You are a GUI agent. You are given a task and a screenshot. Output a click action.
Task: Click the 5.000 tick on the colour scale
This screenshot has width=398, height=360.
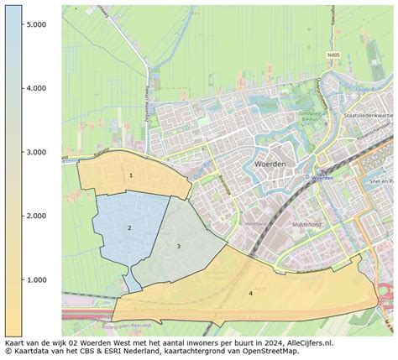(x=35, y=25)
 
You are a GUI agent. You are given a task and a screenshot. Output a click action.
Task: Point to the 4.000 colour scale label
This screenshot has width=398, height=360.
(x=35, y=88)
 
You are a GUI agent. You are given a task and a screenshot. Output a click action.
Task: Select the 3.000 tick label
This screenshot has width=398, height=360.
(x=35, y=152)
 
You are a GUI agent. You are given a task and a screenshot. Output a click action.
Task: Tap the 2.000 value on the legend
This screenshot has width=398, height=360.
(x=35, y=216)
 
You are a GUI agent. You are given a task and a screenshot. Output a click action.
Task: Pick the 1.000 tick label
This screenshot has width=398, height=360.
(x=35, y=279)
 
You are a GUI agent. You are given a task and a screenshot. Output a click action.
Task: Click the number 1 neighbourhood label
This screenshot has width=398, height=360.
(x=130, y=175)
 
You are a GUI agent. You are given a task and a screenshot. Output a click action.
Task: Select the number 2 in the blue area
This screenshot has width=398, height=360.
(x=129, y=227)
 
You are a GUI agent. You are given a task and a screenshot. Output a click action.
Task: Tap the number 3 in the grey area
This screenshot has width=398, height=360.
(x=178, y=246)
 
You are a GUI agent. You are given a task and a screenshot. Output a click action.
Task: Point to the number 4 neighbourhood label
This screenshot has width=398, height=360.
(x=250, y=293)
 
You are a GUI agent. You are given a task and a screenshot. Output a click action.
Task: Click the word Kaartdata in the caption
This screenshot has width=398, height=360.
(x=31, y=353)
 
